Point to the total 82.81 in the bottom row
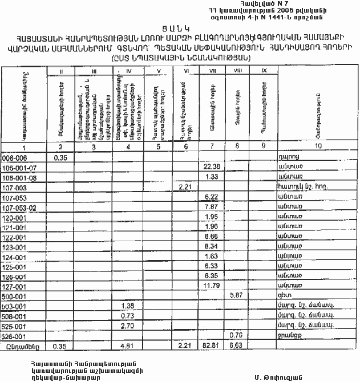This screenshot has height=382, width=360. tap(211, 346)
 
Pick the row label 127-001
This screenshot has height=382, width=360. tap(15, 286)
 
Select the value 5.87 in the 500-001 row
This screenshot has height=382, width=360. tap(236, 295)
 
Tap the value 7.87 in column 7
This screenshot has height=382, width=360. tap(211, 207)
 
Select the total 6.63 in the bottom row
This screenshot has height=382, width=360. tap(236, 346)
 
